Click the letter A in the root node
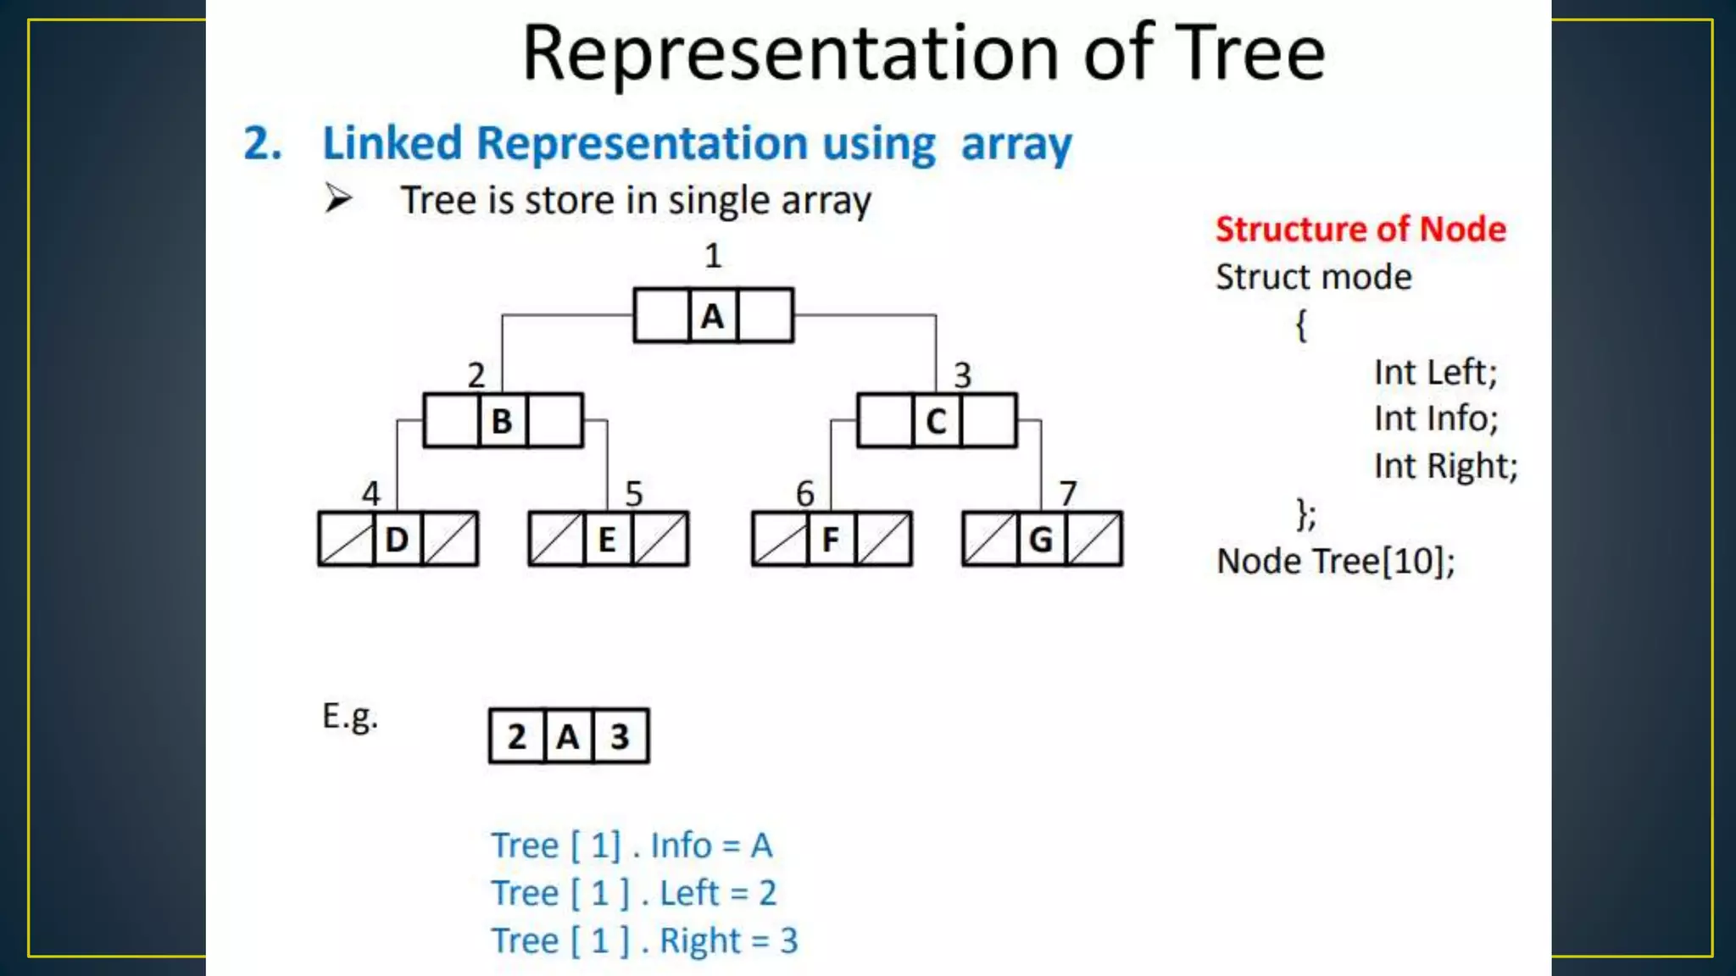712,317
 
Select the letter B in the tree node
502,421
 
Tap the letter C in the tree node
936,421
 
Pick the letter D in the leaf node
397,540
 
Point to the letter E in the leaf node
607,540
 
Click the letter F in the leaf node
831,540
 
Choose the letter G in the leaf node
1041,540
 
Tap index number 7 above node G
1067,493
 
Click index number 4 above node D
370,493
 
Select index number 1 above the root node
713,255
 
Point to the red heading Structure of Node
1360,230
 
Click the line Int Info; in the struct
1436,419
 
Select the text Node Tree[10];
1336,561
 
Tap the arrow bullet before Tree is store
338,199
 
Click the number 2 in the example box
517,736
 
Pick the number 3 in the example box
620,736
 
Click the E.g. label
349,717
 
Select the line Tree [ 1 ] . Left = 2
634,893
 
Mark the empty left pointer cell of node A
661,316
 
